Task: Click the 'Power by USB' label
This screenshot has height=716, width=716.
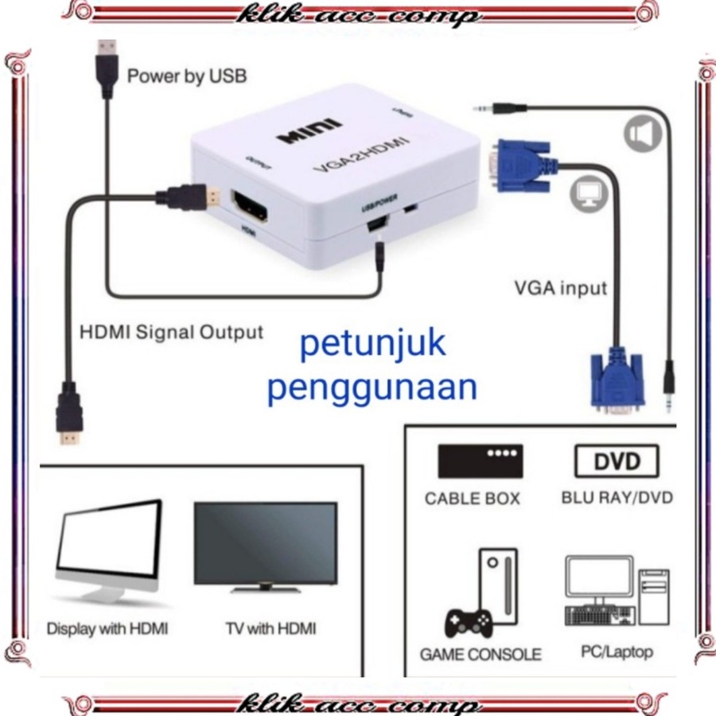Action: coord(187,77)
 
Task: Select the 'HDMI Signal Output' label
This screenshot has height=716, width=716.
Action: coord(171,331)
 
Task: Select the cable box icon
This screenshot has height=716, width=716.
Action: coord(481,461)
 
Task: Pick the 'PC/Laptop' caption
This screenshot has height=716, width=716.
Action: coord(617,652)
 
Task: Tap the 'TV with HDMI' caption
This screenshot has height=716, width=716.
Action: coord(270,628)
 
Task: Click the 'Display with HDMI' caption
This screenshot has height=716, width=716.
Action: coord(107,628)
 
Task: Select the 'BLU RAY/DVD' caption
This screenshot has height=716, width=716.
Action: coord(617,498)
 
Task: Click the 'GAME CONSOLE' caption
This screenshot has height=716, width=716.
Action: coord(481,655)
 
